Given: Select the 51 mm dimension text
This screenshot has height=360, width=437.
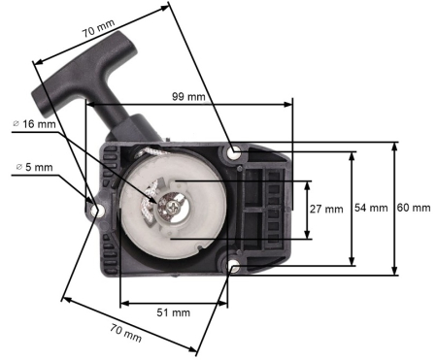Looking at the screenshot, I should [x=172, y=311].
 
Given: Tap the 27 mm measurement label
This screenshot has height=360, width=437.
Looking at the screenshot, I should [x=330, y=209].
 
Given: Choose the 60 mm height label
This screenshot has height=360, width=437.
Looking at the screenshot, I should [x=415, y=209].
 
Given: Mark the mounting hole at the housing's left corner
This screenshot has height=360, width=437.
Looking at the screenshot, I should [x=96, y=208].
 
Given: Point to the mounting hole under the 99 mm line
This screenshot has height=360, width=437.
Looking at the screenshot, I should [x=234, y=152].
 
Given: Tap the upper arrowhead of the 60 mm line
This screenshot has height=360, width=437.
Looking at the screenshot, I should [x=394, y=146].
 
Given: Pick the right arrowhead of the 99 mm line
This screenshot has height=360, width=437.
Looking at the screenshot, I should [x=288, y=101].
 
